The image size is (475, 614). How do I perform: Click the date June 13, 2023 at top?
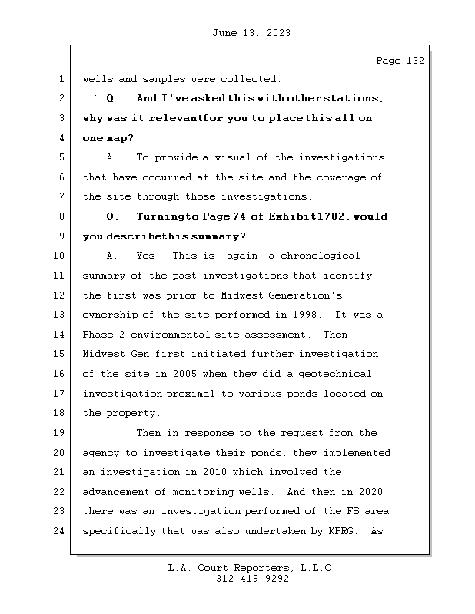(x=250, y=33)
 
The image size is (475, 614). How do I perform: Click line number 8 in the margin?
(x=61, y=216)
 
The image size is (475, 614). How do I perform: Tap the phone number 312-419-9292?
(x=252, y=579)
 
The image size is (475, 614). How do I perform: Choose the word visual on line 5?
(x=236, y=157)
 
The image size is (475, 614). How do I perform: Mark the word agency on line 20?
(x=102, y=453)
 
